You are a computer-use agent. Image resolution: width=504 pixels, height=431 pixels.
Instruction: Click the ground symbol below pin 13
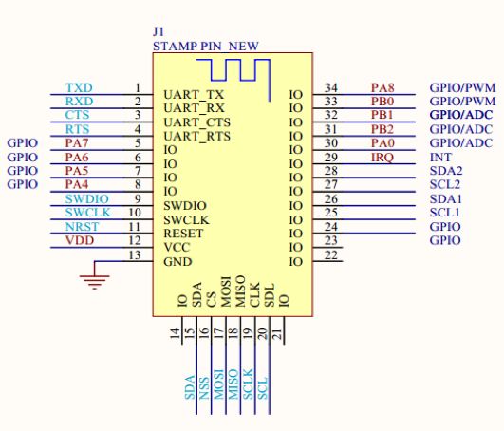(94, 282)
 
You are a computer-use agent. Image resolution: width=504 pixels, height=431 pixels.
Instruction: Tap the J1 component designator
(159, 31)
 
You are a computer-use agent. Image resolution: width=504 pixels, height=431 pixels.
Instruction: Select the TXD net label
(79, 87)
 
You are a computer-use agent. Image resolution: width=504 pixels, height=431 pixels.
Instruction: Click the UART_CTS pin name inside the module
(196, 122)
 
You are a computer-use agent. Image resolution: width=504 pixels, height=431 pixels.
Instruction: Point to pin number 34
(330, 87)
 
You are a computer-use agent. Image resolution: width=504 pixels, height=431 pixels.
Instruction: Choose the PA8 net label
(383, 87)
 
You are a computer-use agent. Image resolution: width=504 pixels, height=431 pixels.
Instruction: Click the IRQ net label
(383, 158)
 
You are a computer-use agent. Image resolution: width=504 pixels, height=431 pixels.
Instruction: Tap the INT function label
(440, 158)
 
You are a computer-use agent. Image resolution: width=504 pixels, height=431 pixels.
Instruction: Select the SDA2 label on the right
(446, 171)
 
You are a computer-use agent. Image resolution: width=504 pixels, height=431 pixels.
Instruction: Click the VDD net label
(80, 240)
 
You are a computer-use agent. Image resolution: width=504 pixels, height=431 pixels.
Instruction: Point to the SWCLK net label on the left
(87, 213)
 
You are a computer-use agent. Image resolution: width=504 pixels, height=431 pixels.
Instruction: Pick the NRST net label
(82, 227)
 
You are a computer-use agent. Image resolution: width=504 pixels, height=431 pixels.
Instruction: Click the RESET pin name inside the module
(183, 234)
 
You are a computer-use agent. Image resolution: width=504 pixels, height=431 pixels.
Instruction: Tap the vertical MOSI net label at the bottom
(219, 384)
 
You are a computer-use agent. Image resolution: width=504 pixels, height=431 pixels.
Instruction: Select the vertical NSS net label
(204, 388)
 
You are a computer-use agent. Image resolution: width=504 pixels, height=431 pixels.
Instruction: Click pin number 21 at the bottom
(278, 333)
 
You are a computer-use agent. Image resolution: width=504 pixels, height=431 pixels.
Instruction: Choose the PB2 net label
(383, 129)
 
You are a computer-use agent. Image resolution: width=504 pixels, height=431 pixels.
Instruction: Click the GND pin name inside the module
(177, 262)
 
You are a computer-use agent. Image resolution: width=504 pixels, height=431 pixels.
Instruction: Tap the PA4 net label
(77, 184)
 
